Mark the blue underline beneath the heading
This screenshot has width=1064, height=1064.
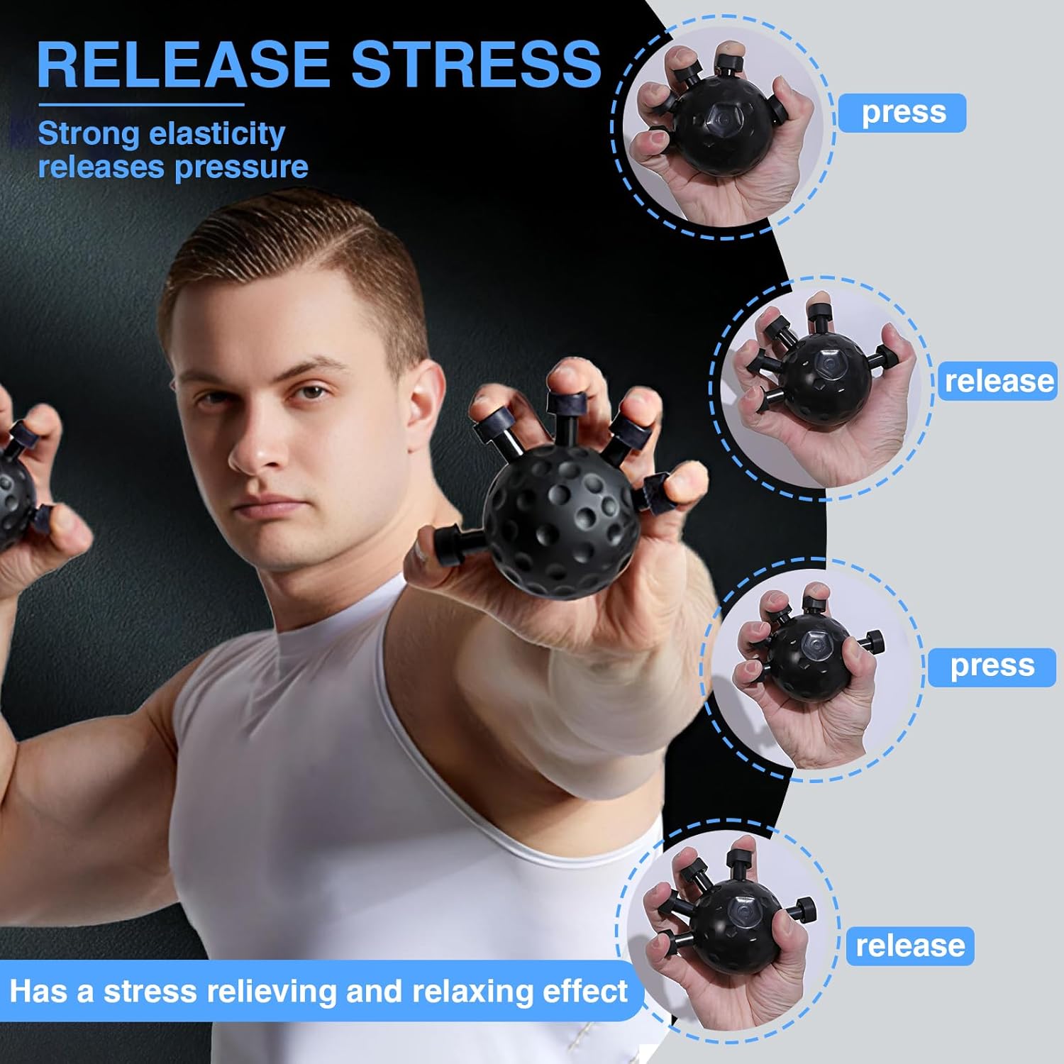(141, 105)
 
